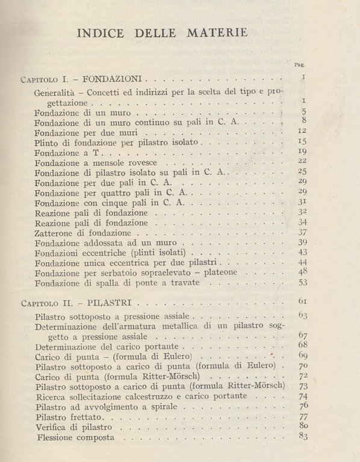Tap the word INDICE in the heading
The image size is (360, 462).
[101, 32]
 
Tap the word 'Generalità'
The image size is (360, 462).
[56, 93]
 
